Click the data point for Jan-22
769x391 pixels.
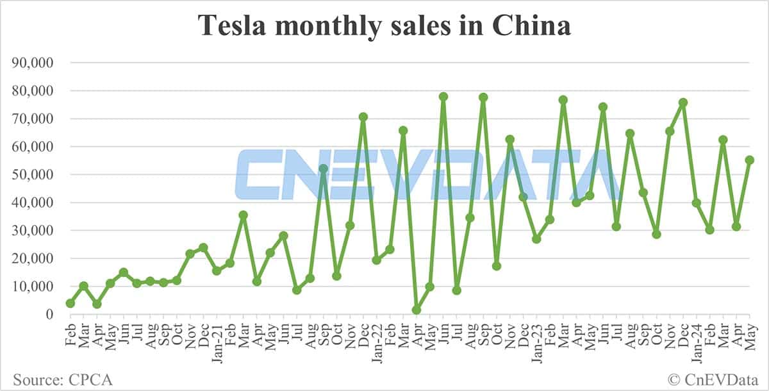tap(377, 260)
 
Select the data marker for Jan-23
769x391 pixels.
tap(536, 238)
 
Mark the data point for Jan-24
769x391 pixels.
tap(697, 203)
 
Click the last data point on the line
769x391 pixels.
tap(750, 160)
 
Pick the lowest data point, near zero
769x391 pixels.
tap(417, 310)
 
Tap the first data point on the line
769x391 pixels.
tap(70, 303)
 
